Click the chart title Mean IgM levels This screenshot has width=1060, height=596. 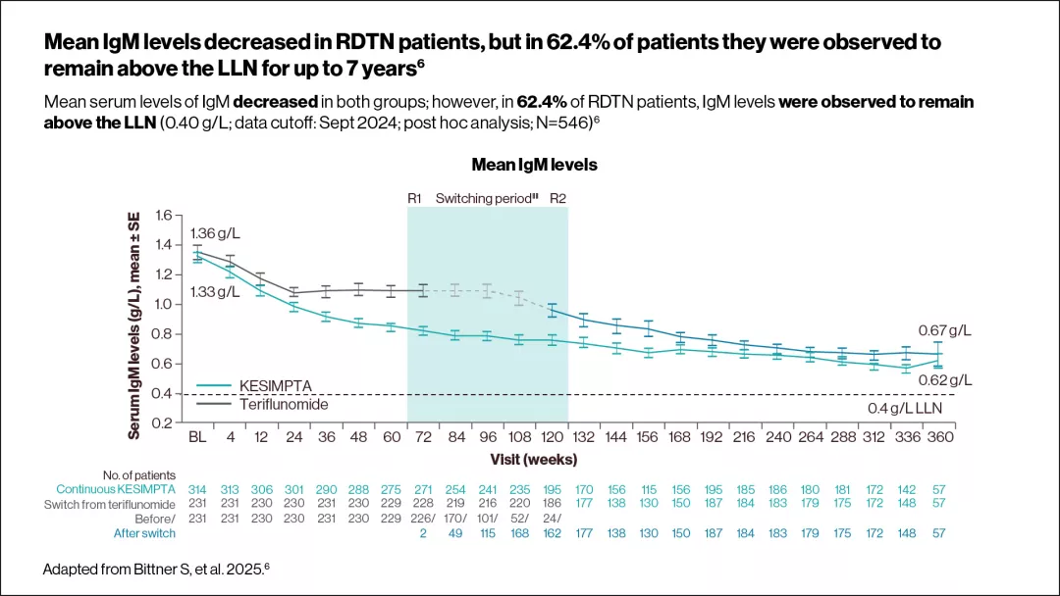click(x=534, y=165)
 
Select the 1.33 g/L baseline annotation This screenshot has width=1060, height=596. click(x=214, y=292)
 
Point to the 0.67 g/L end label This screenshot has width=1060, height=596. click(x=944, y=330)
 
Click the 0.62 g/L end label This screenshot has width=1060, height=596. click(x=944, y=379)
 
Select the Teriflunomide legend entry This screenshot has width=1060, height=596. click(x=284, y=404)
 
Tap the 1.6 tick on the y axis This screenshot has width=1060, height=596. click(x=164, y=216)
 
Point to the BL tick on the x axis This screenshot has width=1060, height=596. click(x=196, y=437)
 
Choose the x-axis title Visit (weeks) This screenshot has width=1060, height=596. click(x=533, y=458)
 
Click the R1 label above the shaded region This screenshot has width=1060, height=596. click(x=414, y=198)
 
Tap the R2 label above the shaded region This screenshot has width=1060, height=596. click(x=557, y=198)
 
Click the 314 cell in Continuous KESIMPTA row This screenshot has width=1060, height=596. click(x=198, y=489)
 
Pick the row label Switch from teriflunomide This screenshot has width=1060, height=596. click(x=110, y=504)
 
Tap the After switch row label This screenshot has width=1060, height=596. click(x=144, y=533)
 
